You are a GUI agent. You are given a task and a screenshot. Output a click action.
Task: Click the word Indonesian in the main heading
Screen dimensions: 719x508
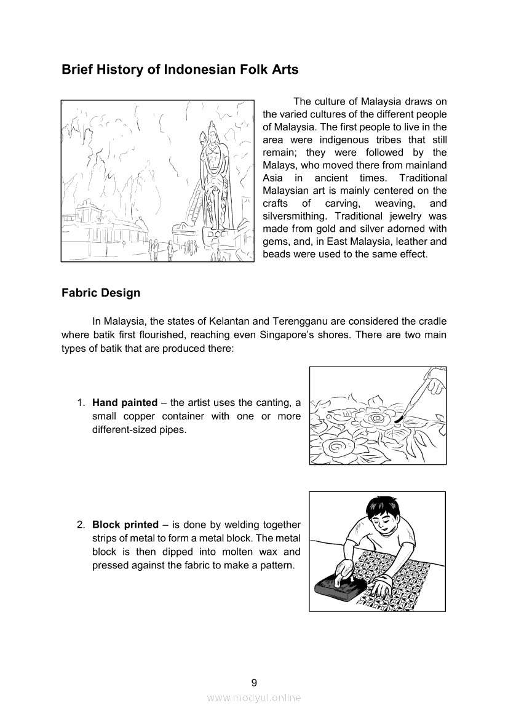pos(189,70)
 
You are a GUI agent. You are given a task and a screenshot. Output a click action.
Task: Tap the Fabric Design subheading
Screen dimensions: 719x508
pos(101,293)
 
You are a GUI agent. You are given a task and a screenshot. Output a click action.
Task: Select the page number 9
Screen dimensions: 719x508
pos(254,682)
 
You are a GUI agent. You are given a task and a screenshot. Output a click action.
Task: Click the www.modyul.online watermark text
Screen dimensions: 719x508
pos(254,698)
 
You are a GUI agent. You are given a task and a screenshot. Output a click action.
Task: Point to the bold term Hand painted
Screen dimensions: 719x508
pos(125,403)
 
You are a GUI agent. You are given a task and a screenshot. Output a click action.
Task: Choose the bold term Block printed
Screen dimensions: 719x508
pos(125,525)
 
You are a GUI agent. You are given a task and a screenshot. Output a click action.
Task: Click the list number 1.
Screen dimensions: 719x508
pos(81,403)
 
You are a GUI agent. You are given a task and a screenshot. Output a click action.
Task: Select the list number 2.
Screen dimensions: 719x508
pos(81,525)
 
